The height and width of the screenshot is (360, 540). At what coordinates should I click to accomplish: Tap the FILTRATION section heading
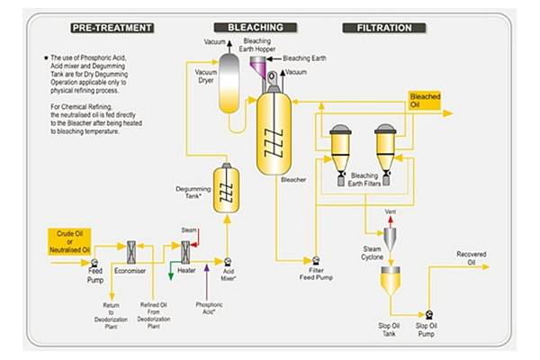[x=378, y=28]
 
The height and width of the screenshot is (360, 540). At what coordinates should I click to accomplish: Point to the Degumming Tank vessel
[x=228, y=190]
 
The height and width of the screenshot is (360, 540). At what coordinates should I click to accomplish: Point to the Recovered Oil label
[x=471, y=255]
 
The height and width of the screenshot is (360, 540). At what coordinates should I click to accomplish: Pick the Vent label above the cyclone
[x=391, y=212]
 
